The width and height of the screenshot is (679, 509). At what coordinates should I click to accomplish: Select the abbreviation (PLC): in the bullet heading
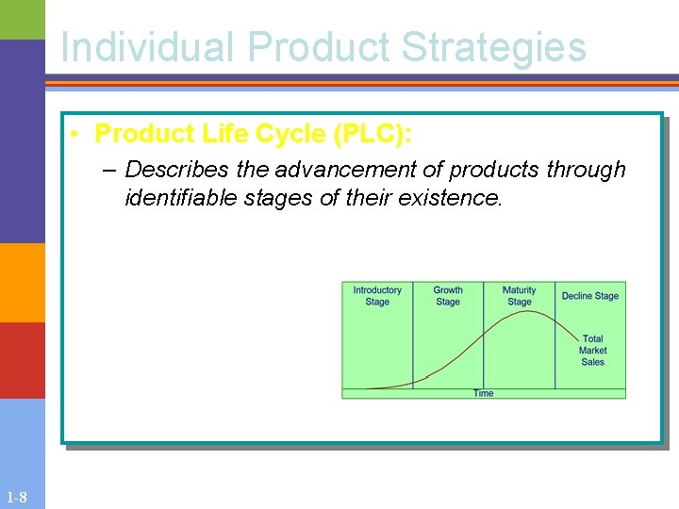coord(373,135)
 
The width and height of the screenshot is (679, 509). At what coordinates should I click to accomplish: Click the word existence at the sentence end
coord(457,198)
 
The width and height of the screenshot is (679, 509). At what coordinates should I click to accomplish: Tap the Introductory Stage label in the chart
coord(377,296)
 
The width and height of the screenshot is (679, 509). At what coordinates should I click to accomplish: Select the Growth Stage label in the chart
coord(448,296)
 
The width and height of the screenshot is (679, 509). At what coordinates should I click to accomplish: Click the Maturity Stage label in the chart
coord(519,296)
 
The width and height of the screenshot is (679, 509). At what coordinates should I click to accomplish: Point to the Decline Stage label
coord(590,296)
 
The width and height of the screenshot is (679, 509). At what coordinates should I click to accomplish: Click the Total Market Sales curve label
coord(592,350)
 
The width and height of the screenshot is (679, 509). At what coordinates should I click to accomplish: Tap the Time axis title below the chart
coord(483,393)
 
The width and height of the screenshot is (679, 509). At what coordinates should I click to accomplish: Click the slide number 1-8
coord(16,498)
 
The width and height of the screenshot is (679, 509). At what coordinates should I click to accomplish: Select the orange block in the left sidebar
coord(22,283)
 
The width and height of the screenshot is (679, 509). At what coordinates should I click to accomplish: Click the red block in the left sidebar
coord(22,360)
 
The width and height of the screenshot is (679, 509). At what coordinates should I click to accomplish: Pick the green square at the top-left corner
coord(22,19)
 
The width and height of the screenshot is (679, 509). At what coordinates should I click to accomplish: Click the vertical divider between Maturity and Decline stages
coord(555,335)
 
